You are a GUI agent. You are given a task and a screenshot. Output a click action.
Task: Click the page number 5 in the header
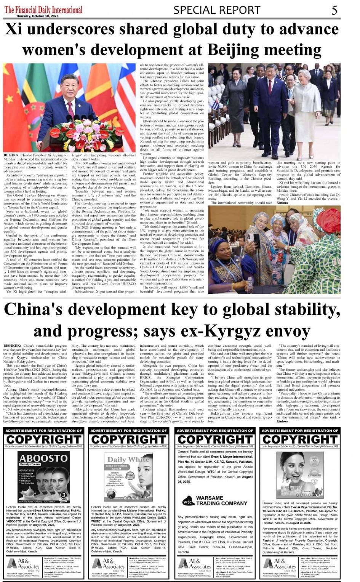[334, 10]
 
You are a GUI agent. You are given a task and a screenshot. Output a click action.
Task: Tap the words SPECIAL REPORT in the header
[217, 10]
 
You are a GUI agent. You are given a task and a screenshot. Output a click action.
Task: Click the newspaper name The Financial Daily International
[43, 9]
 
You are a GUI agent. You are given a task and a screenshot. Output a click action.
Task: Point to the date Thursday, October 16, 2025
[37, 16]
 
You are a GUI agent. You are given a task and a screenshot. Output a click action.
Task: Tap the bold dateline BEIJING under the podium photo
[11, 155]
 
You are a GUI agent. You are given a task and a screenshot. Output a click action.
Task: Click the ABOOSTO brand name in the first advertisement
[43, 458]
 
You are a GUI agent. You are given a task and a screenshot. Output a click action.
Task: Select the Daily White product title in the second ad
[128, 460]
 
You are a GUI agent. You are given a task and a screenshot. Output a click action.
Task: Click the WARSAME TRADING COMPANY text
[221, 500]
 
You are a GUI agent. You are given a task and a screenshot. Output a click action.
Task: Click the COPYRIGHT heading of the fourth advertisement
[300, 439]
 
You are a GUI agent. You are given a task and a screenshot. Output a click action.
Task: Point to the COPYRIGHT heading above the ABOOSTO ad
[44, 439]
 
